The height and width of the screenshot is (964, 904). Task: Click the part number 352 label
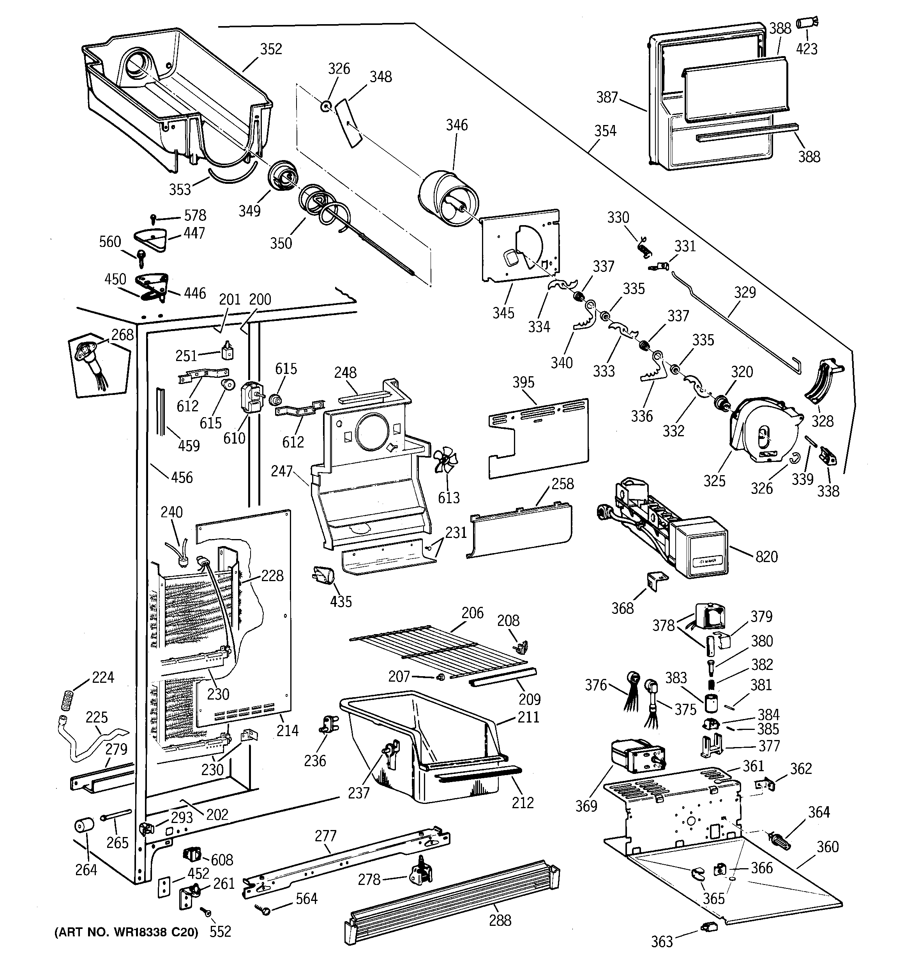[x=271, y=49]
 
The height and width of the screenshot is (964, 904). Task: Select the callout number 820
[x=767, y=557]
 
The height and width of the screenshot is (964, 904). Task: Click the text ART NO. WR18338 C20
[x=127, y=932]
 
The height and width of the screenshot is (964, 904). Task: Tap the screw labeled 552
[x=207, y=913]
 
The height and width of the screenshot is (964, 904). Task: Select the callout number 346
[x=457, y=125]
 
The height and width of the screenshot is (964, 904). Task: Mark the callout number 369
[x=586, y=806]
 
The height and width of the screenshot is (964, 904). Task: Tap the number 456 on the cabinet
[x=182, y=478]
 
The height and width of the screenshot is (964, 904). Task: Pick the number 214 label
[x=287, y=730]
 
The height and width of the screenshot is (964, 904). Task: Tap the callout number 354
[x=605, y=131]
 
